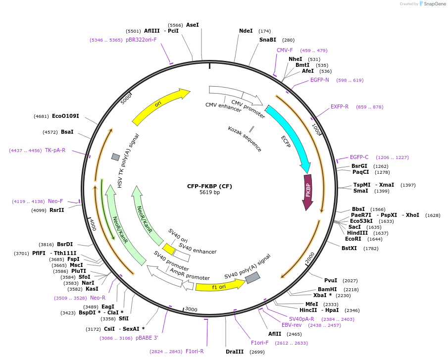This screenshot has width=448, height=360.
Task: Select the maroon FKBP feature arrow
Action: [308, 191]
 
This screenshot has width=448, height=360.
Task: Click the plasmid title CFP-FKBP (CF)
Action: [209, 186]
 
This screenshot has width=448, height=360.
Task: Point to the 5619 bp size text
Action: [209, 192]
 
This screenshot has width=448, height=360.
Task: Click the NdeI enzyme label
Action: [246, 31]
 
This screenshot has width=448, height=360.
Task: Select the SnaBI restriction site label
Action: [268, 40]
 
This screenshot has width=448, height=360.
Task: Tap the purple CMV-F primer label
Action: [285, 50]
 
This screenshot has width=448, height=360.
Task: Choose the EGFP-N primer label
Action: [320, 80]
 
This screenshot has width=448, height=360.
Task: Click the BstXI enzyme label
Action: [349, 248]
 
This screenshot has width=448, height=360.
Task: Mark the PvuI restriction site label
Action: [331, 280]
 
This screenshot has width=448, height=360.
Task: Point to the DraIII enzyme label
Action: [235, 352]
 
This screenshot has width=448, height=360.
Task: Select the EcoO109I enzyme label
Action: [65, 116]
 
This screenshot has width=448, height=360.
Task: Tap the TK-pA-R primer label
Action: [55, 150]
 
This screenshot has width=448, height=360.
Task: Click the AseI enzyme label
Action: [193, 25]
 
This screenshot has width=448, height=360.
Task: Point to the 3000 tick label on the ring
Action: [191, 309]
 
